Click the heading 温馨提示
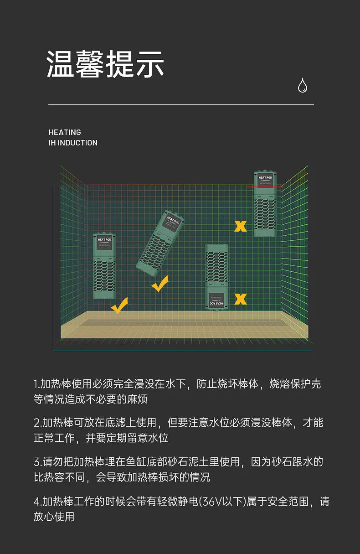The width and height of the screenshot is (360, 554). click(105, 64)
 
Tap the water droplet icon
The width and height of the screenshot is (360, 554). click(302, 85)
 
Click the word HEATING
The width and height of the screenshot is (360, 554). click(65, 132)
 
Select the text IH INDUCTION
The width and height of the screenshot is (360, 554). click(73, 143)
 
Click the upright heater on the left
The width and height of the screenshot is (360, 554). click(104, 266)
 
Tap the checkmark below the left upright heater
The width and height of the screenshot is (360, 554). click(119, 305)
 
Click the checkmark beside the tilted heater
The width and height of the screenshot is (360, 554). click(159, 284)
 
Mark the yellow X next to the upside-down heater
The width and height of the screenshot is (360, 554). click(240, 299)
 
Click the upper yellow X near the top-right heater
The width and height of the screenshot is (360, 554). click(240, 226)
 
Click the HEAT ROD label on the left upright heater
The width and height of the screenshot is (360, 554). click(104, 240)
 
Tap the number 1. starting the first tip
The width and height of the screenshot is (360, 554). click(36, 384)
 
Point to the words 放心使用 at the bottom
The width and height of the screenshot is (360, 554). click(54, 517)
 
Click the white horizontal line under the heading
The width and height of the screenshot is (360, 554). click(181, 105)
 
